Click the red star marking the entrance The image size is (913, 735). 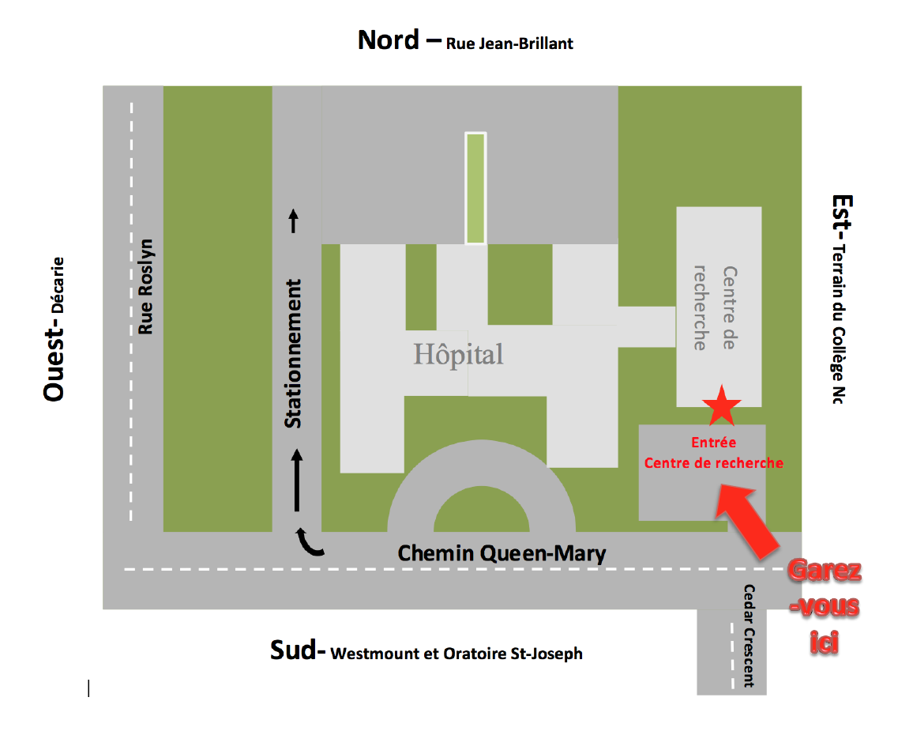point(722,406)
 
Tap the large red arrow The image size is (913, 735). point(747,522)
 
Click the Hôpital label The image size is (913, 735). point(458,354)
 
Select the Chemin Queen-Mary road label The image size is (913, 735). point(502,553)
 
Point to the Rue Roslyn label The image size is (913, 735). point(145,286)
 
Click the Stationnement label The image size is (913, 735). point(294,353)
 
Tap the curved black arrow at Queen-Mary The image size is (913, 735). point(309,542)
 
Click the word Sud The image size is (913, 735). point(297,650)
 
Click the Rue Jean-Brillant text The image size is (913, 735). point(509,43)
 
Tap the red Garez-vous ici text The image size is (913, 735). point(825,607)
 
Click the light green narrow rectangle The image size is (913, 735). point(475,188)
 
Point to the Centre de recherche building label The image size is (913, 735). point(714,307)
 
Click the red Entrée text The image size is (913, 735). point(713,443)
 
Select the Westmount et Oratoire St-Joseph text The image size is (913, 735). point(457,654)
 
